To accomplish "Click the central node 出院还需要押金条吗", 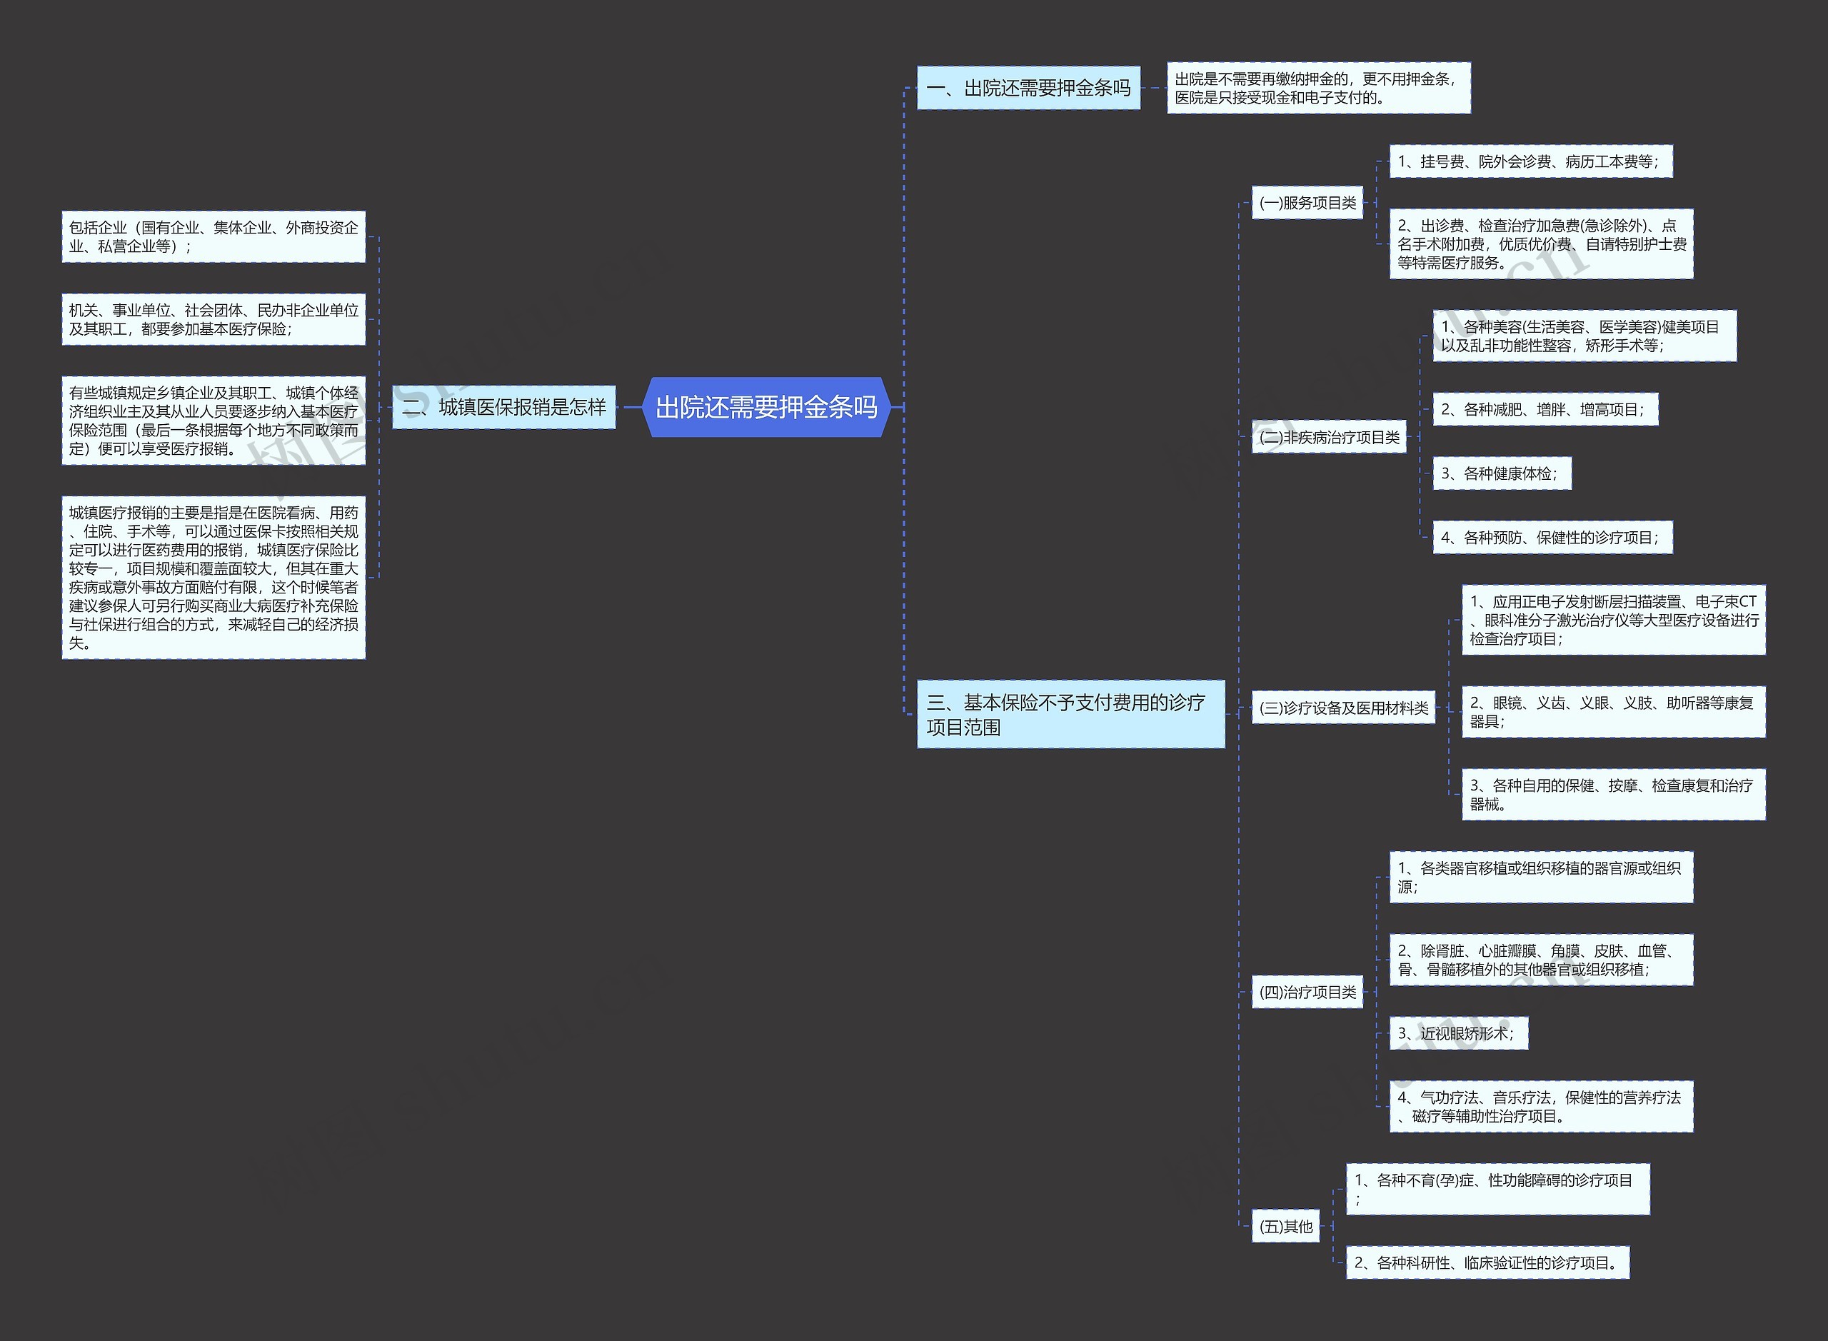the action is click(x=766, y=407).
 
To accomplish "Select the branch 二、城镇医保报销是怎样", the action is click(x=503, y=407).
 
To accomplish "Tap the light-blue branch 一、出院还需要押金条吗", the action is click(x=1028, y=88).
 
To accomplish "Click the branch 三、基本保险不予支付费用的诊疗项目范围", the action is click(x=1070, y=714).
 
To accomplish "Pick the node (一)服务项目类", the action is click(x=1307, y=203).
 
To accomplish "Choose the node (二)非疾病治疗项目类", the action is click(x=1328, y=438).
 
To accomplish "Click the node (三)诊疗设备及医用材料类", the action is click(x=1342, y=708).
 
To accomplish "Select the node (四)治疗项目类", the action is click(x=1307, y=992).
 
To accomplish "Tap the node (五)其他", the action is click(x=1285, y=1227).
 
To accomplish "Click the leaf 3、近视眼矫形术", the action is click(x=1458, y=1033).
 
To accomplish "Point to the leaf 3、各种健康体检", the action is click(x=1501, y=474).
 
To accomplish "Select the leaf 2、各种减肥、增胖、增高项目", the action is click(x=1544, y=410).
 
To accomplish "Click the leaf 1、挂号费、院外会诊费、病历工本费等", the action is click(x=1530, y=161).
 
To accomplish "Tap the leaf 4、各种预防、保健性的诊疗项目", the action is click(x=1551, y=538).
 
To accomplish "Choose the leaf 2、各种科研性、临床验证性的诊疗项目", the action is click(x=1487, y=1263).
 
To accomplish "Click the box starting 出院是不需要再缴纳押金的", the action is click(x=1317, y=89).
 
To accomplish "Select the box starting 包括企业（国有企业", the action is click(x=214, y=237).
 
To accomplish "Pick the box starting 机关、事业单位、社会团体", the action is click(x=214, y=320).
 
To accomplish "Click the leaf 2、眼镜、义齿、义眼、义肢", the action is click(x=1613, y=712).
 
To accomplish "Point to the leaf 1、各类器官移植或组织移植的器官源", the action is click(x=1541, y=878).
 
